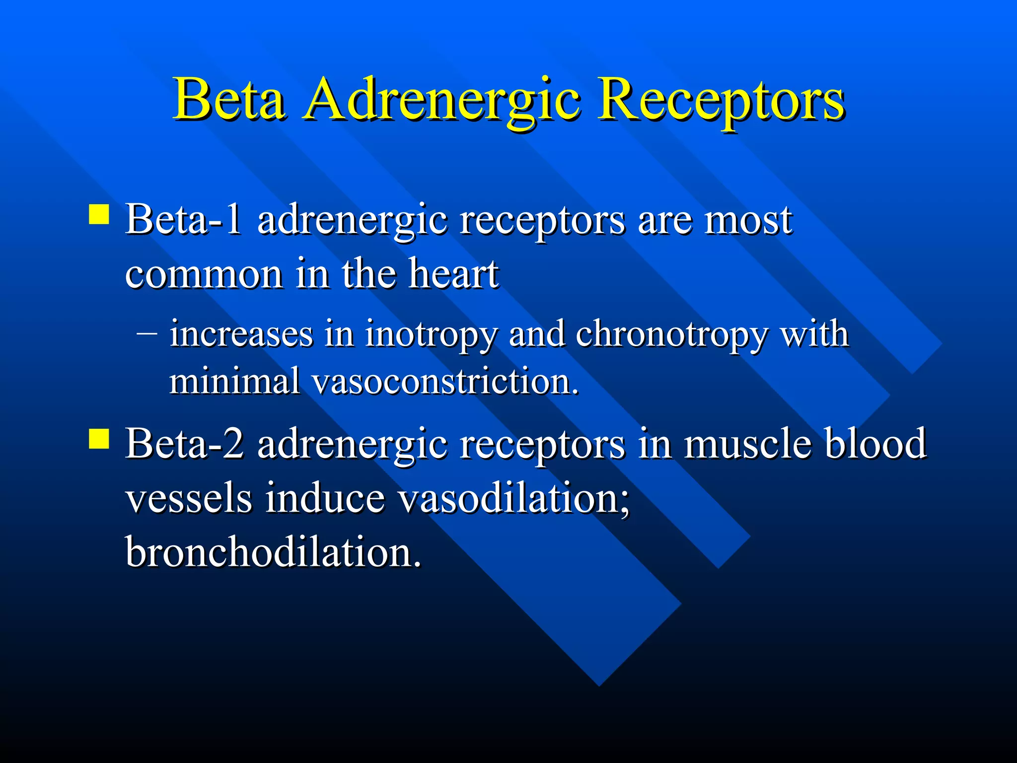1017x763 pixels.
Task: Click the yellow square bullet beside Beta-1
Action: coord(99,215)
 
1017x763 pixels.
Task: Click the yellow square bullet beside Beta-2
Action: coord(99,439)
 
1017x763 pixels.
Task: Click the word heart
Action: coord(453,274)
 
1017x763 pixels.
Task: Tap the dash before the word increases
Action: coord(147,333)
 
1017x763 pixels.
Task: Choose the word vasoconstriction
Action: coord(445,381)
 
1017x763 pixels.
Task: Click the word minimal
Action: coord(234,381)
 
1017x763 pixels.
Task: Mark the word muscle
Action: coord(747,444)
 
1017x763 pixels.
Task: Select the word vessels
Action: coord(189,498)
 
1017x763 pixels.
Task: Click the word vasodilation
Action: coord(514,498)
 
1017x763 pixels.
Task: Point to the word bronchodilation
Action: coord(273,552)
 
